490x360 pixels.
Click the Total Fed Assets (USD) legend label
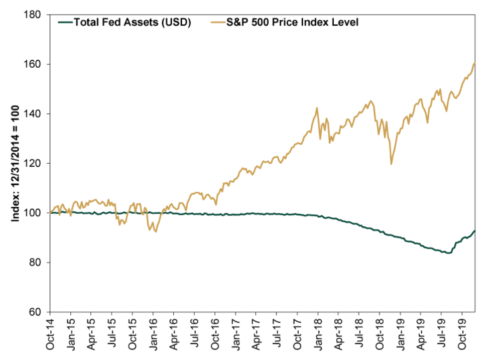pyautogui.click(x=133, y=22)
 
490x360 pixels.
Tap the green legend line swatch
pyautogui.click(x=65, y=22)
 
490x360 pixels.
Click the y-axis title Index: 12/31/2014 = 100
pyautogui.click(x=15, y=164)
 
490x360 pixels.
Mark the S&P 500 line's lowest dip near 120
pyautogui.click(x=391, y=164)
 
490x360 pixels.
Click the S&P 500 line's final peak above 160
pyautogui.click(x=474, y=63)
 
